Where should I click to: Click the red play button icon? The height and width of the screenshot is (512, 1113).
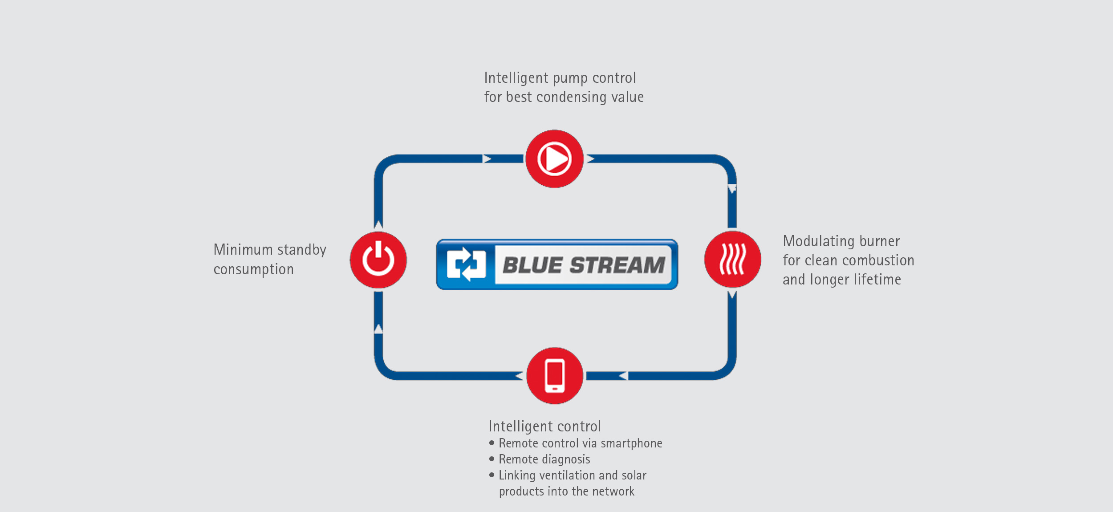(554, 159)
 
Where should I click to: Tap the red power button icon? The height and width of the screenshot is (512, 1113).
(378, 260)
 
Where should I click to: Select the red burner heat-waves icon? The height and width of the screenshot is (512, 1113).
(732, 259)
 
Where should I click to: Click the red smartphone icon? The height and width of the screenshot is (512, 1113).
(555, 376)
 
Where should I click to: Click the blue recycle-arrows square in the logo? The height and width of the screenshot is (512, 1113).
(466, 264)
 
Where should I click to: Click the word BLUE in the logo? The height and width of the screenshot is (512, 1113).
(532, 265)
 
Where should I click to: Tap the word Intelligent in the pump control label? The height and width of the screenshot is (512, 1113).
(516, 78)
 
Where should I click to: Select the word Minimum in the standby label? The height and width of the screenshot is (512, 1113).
(243, 250)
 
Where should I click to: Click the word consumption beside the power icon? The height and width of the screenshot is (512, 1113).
(253, 269)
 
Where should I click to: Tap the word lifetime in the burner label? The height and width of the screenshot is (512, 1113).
(877, 280)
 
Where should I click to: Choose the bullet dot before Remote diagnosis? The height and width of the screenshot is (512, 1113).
(492, 459)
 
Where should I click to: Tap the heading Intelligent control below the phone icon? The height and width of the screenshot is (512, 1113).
(544, 427)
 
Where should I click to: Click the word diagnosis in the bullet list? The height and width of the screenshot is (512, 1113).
(566, 459)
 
